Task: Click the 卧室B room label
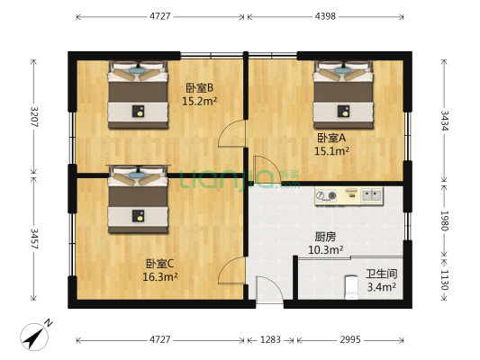click(199, 87)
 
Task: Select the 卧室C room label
click(160, 264)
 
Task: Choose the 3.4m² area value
click(381, 287)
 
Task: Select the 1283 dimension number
click(270, 339)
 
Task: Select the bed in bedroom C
click(137, 199)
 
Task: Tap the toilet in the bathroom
click(353, 289)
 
